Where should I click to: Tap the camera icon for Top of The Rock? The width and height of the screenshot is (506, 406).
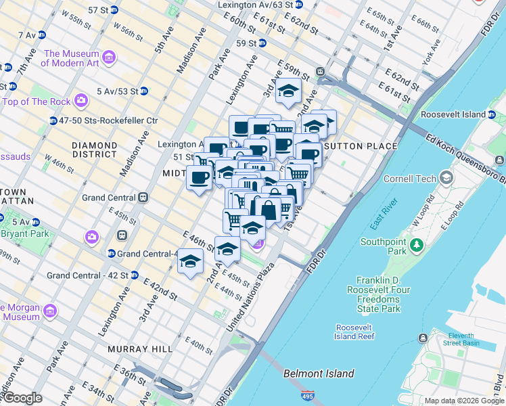click(82, 101)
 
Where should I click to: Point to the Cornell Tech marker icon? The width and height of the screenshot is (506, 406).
click(446, 178)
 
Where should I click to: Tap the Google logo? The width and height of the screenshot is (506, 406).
click(22, 399)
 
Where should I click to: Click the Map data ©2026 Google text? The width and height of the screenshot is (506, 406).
click(463, 401)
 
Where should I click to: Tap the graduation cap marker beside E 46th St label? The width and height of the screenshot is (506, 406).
click(191, 261)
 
